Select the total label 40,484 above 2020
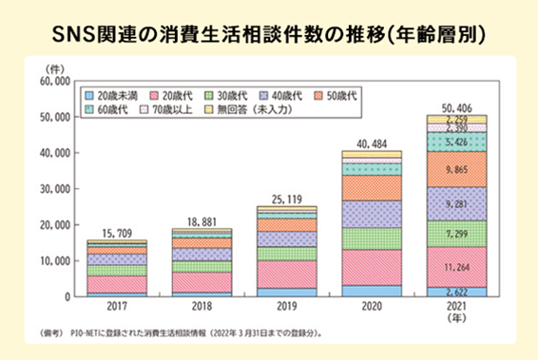[x=364, y=142]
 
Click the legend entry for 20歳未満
[x=112, y=96]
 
